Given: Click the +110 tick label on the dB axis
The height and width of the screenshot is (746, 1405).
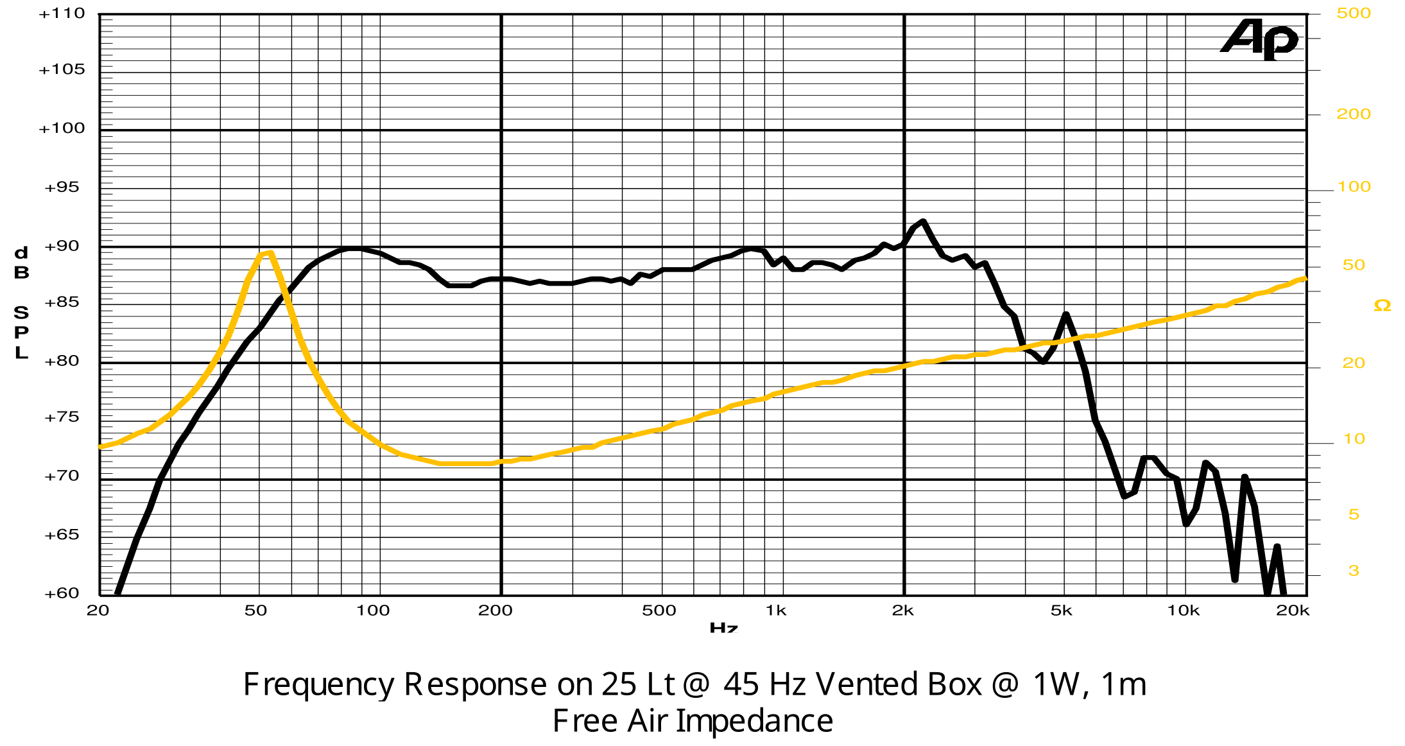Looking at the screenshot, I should coord(62,13).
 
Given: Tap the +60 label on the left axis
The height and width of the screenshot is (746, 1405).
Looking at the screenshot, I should coord(62,593).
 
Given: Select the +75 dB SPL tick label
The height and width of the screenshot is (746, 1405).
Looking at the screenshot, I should coord(62,417).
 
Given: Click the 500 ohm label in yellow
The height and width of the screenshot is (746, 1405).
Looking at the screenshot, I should coord(1354,13).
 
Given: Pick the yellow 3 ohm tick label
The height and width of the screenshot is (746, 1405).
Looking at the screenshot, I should coord(1354,571).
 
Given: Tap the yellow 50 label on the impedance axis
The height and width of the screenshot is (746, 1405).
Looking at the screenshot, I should coord(1354,265).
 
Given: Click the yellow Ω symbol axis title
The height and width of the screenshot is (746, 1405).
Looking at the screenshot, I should coord(1383,306).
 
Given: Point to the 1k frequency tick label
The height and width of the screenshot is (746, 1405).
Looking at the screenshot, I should coord(775,611).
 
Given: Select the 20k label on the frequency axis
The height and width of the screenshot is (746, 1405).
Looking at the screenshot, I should coord(1292,611).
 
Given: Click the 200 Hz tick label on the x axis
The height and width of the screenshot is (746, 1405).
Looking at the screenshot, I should coord(495,611).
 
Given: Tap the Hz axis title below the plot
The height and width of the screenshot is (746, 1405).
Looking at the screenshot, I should coord(723,627).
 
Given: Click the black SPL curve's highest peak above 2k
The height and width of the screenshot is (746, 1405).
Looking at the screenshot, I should coord(922,221).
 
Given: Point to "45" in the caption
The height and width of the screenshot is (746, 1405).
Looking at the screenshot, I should coord(742,684).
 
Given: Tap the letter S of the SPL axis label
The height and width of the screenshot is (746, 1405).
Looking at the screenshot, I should coord(21,313).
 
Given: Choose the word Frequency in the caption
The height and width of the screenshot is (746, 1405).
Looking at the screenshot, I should coord(318,684).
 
